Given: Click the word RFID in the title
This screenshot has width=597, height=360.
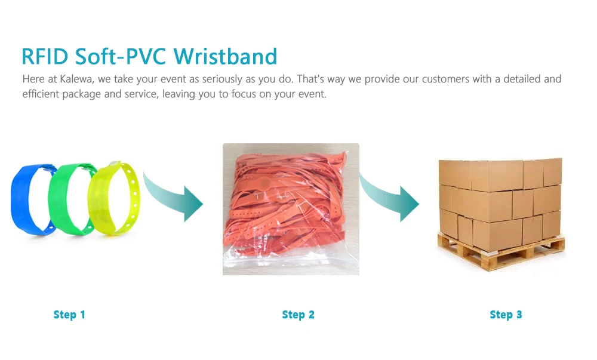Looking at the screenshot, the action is click(45, 57).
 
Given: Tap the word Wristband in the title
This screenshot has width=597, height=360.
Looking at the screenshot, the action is click(226, 57).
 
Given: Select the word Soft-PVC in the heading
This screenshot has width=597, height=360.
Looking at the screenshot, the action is click(121, 57).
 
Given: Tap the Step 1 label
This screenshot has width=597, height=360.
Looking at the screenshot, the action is click(69, 315).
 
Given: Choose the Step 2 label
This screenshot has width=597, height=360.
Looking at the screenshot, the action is click(298, 315).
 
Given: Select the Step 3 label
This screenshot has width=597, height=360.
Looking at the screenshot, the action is click(506, 315).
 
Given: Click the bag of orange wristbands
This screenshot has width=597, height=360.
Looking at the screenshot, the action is click(291, 209).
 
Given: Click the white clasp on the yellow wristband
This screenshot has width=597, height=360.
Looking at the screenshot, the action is click(113, 164).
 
